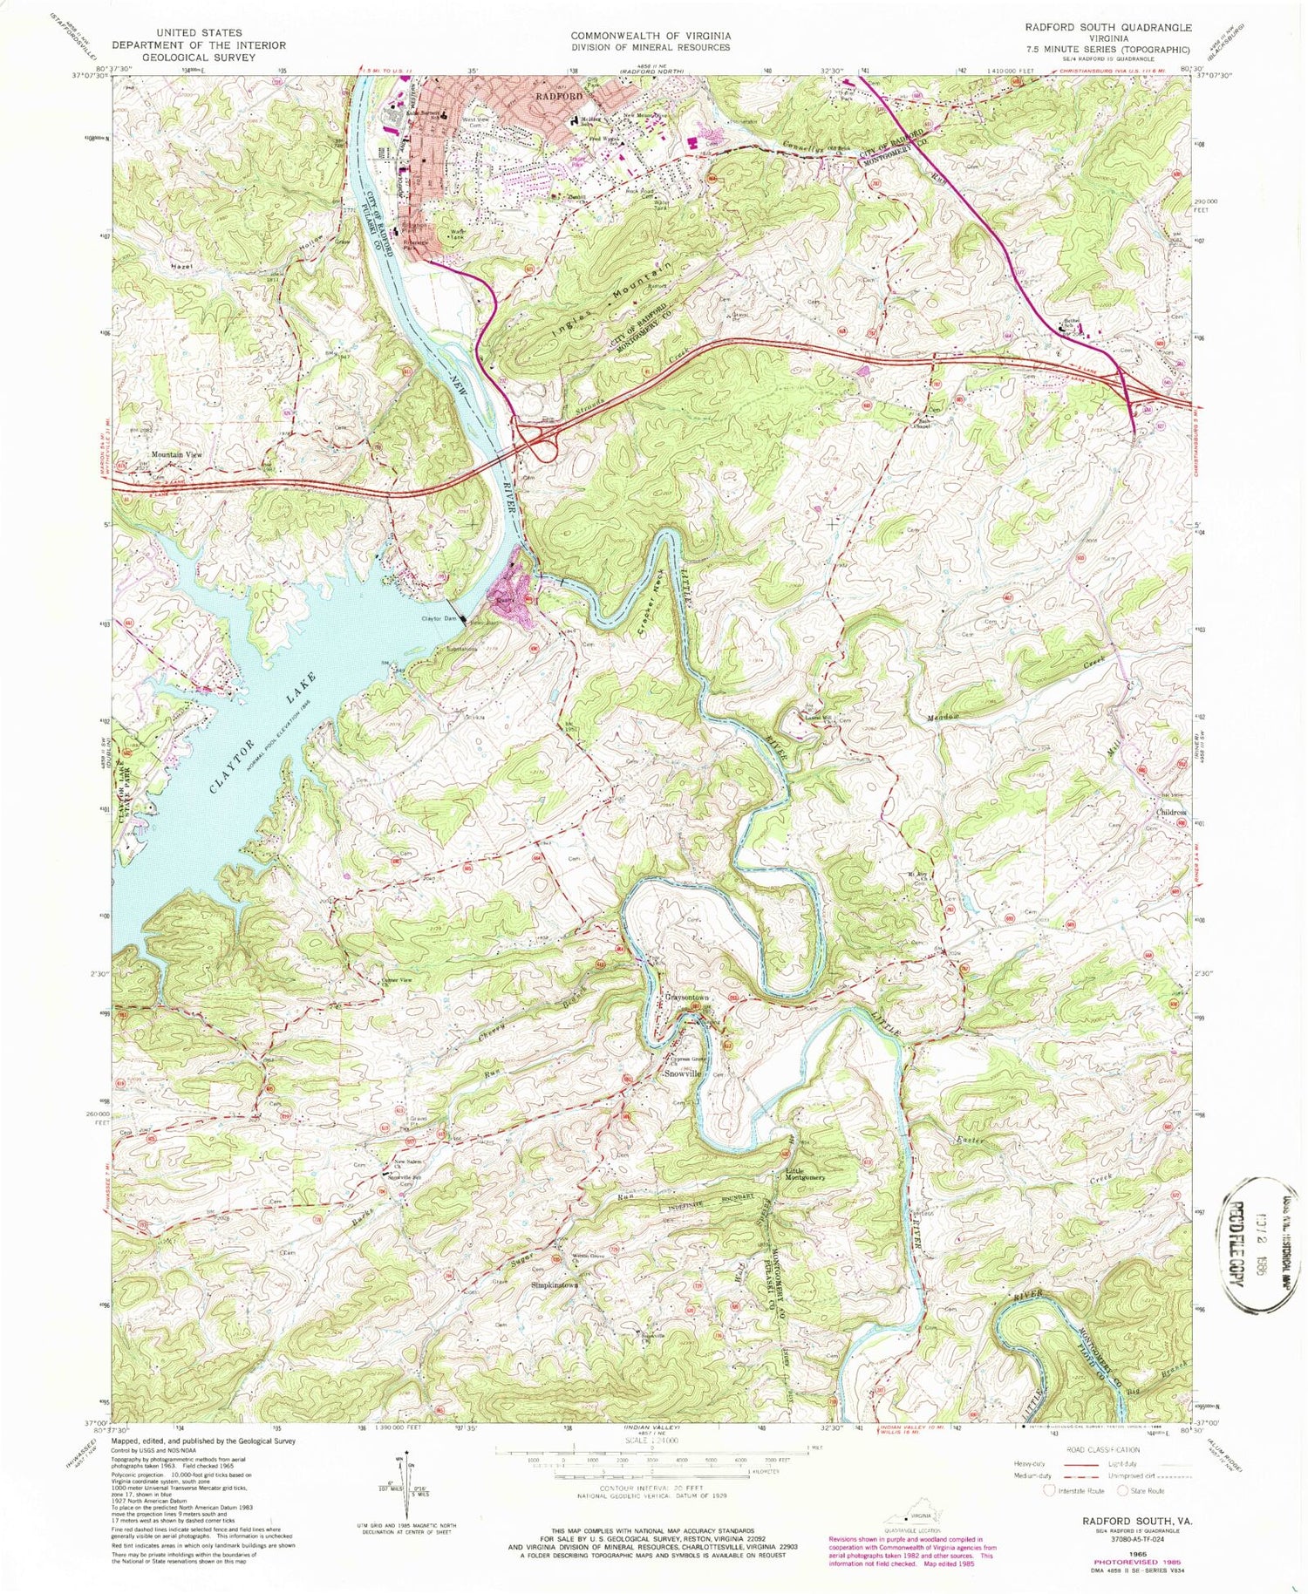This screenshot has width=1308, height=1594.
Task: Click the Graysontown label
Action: click(688, 998)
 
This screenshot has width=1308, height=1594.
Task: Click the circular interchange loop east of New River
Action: click(548, 450)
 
